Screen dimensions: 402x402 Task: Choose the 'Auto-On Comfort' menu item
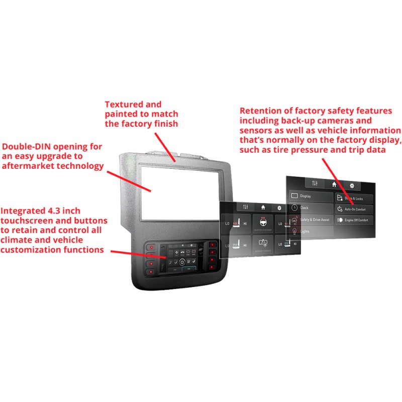(x=354, y=208)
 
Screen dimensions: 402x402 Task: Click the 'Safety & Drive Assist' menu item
(x=314, y=220)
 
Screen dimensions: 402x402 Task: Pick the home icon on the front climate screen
(x=263, y=207)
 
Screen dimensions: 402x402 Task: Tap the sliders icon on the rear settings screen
(x=315, y=184)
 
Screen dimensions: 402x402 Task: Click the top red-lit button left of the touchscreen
(x=150, y=247)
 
